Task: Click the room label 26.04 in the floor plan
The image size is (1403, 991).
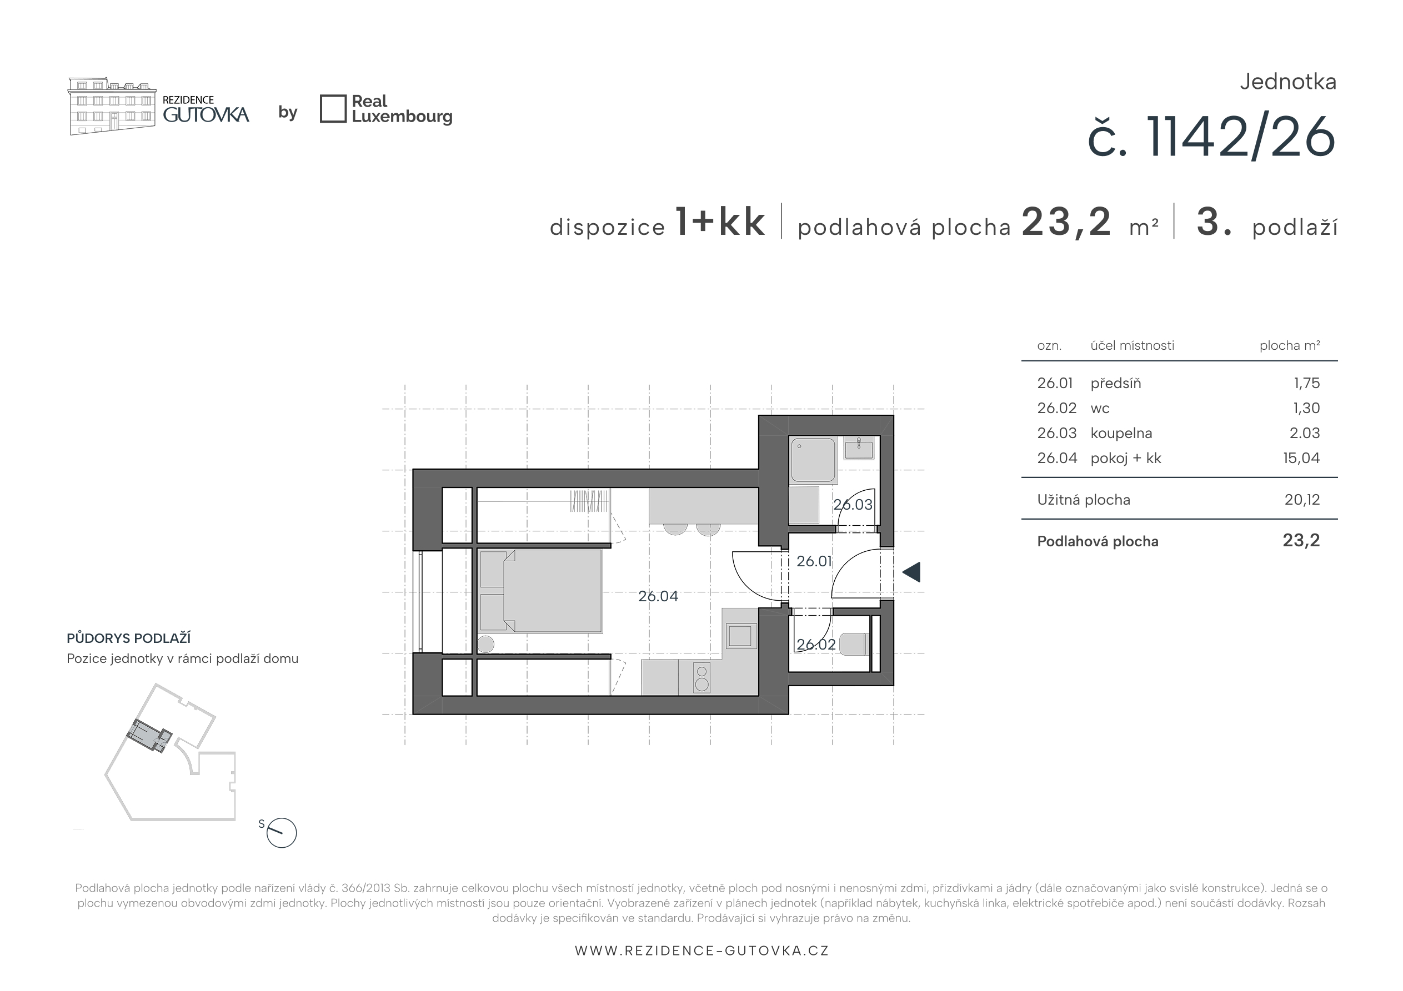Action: point(658,596)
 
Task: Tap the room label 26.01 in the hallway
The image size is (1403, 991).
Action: point(814,561)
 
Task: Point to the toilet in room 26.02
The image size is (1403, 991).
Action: point(854,644)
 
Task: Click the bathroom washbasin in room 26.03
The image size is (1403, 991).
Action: point(859,449)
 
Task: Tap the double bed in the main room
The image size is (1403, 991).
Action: point(542,591)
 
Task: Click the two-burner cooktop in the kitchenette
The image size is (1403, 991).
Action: point(702,677)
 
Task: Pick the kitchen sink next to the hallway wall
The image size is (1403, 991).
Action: point(740,636)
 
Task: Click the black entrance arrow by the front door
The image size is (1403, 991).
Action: point(911,572)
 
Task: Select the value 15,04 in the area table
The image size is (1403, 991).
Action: point(1301,458)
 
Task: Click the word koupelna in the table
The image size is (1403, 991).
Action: point(1121,433)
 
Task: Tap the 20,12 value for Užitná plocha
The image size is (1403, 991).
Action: point(1302,500)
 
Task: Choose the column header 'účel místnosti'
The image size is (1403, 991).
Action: point(1133,346)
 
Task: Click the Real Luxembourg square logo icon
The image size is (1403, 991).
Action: point(333,109)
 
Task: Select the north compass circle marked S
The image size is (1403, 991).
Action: point(282,833)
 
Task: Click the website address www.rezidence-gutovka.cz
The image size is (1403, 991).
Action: point(701,950)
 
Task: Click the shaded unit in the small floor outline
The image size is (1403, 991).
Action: point(149,735)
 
